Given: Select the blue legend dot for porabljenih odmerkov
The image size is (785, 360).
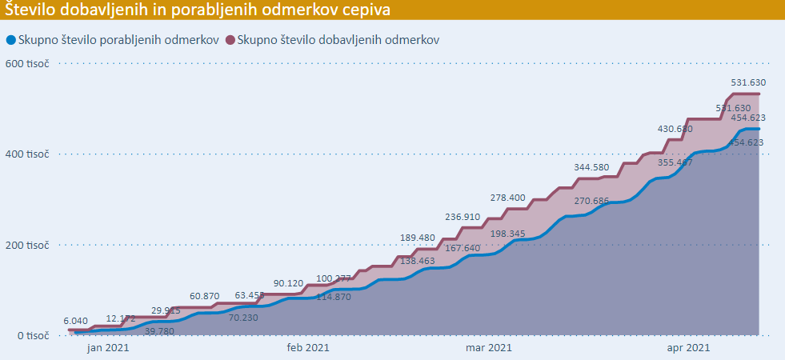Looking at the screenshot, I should pyautogui.click(x=10, y=40).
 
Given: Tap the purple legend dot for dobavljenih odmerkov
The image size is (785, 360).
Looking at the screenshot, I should pyautogui.click(x=230, y=40).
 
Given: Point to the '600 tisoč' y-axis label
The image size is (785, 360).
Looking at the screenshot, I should pyautogui.click(x=26, y=63).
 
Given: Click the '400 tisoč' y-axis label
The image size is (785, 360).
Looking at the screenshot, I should pyautogui.click(x=26, y=154).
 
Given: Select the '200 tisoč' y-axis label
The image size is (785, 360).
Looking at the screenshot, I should pyautogui.click(x=26, y=245).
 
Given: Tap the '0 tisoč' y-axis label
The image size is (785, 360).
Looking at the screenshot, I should pyautogui.click(x=31, y=335).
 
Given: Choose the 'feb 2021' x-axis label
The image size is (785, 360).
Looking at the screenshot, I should pyautogui.click(x=306, y=347).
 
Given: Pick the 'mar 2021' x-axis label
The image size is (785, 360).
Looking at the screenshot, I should pyautogui.click(x=488, y=347).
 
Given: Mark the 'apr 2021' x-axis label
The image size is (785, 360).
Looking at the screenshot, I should pyautogui.click(x=687, y=347).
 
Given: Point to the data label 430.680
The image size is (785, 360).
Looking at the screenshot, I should pyautogui.click(x=675, y=129).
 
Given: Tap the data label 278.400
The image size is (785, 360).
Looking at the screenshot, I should pyautogui.click(x=508, y=197).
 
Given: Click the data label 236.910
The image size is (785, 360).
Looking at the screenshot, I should pyautogui.click(x=463, y=217).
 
